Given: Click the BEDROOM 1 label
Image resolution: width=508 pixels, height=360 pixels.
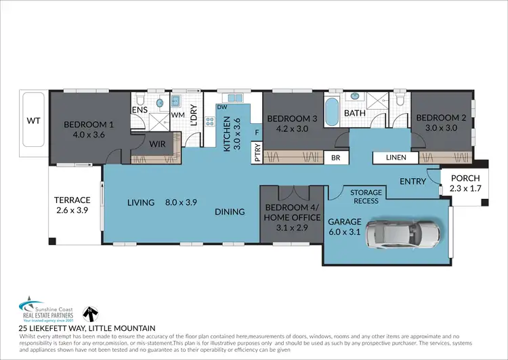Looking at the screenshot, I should point(88,125).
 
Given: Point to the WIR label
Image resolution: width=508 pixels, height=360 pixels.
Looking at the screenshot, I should point(157,143).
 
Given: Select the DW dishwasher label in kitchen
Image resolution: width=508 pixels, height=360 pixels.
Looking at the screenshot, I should point(221,107).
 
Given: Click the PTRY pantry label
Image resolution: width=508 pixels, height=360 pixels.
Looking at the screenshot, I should point(256,150).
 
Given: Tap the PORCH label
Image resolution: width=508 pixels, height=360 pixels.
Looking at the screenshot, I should point(464,179).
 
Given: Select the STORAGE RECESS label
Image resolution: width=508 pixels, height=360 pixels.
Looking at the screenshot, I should point(366,197).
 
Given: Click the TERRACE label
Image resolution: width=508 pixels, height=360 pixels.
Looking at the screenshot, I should point(72,200).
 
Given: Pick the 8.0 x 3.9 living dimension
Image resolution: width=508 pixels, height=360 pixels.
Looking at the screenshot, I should point(181,202).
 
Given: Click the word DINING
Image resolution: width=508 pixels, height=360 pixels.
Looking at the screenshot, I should point(230,212).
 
